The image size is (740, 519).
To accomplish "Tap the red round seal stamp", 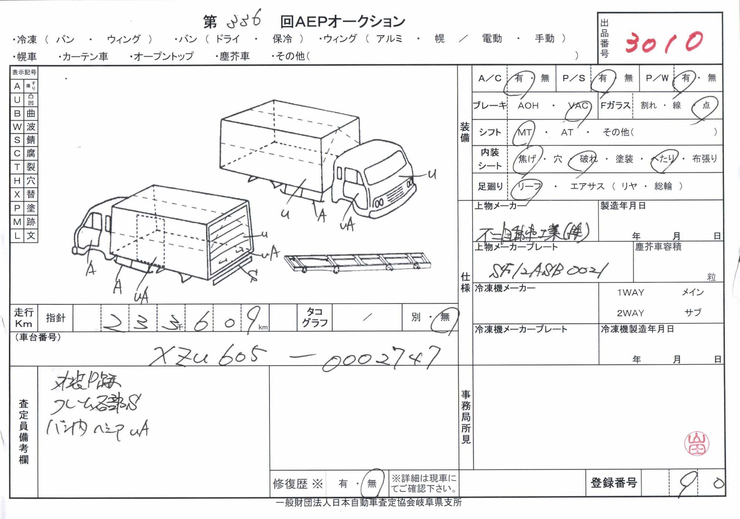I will tap(696, 443).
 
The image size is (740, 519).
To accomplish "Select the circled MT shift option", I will tap(524, 133).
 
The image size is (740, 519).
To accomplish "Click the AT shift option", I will tap(567, 133).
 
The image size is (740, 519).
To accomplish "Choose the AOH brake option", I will tap(528, 106).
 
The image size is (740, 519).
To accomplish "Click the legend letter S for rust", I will tap(17, 140).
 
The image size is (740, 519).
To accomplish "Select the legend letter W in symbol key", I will tap(17, 127).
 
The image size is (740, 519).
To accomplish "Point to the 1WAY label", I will tap(630, 293).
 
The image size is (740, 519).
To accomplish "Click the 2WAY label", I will tap(630, 313).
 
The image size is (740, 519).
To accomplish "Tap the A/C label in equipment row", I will tap(489, 78).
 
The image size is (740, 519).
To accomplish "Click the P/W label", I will tap(657, 78).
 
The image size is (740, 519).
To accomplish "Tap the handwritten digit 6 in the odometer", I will tap(201, 321).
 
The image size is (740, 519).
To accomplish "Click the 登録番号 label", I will tap(613, 483).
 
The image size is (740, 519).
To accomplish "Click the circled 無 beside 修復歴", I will tap(372, 483).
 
